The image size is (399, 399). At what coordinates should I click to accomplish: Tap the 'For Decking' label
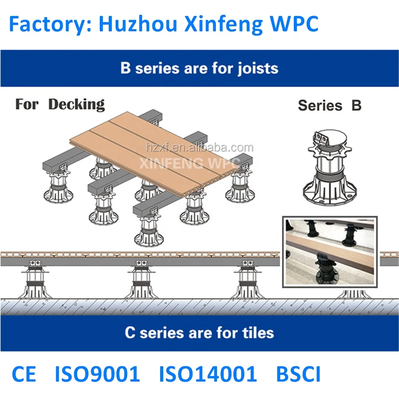pos(60,104)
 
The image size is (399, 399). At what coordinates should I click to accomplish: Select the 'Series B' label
pos(330,105)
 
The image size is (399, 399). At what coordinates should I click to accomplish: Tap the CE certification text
pos(24,374)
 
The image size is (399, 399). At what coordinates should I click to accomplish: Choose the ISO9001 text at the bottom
pos(97,374)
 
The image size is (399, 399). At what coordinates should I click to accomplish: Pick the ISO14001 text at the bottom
pos(208,374)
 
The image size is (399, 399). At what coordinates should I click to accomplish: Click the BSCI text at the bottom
pos(298,374)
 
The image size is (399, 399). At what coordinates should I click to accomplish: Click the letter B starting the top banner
pos(125,69)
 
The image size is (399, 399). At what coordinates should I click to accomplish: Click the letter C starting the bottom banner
pos(130,333)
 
